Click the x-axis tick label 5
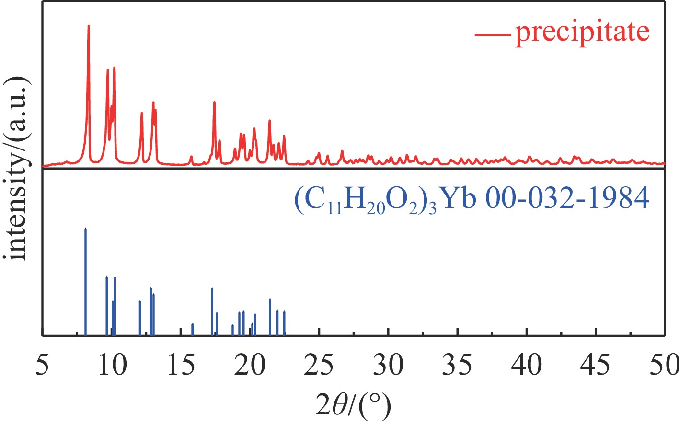pos(43,365)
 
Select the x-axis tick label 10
pos(112,365)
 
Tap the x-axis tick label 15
pos(181,365)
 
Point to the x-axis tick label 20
pos(250,365)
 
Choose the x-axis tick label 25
pos(319,365)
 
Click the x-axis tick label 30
pos(389,365)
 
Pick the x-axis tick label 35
pos(458,365)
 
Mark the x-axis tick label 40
pos(527,365)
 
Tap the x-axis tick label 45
pos(596,365)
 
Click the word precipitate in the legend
pos(582,32)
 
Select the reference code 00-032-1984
pos(567,199)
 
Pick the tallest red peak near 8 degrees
pos(89,26)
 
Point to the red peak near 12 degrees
pos(141,113)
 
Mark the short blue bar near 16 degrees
pos(193,330)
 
